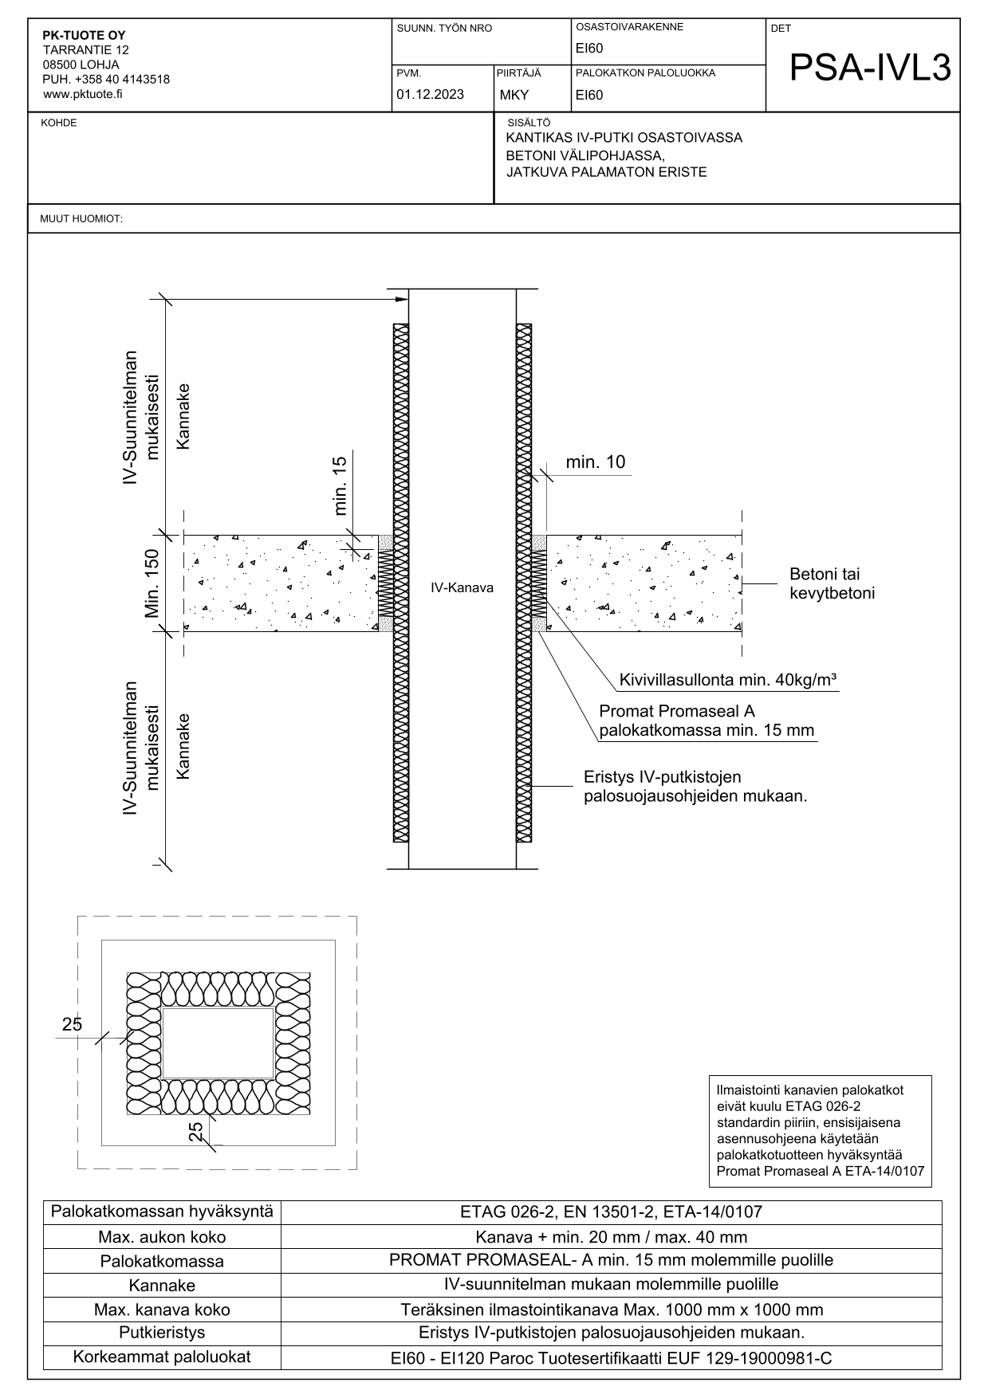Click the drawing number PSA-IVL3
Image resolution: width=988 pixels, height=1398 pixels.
click(870, 69)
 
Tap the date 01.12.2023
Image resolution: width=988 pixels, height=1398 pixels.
click(430, 95)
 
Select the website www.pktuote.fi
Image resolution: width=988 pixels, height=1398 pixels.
click(82, 94)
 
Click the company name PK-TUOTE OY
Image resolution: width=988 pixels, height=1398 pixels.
click(84, 35)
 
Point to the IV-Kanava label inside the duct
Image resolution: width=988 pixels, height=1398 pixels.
click(462, 588)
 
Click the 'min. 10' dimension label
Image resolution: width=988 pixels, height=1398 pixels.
click(595, 462)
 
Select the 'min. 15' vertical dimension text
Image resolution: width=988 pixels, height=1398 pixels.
click(340, 485)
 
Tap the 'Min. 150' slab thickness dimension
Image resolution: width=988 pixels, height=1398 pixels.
click(152, 583)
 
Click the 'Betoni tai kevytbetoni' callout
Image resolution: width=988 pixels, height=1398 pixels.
click(832, 583)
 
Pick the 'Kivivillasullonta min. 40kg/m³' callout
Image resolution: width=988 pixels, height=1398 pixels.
click(727, 681)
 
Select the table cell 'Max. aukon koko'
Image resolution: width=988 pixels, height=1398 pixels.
click(162, 1238)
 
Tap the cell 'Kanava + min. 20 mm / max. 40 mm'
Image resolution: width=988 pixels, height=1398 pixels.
click(611, 1238)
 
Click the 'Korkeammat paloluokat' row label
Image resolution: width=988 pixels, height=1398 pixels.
click(162, 1357)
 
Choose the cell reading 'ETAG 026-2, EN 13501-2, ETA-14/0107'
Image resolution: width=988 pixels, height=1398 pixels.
click(611, 1212)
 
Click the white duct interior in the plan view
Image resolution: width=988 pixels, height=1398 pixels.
click(218, 1043)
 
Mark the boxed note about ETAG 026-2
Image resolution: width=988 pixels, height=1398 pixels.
click(820, 1130)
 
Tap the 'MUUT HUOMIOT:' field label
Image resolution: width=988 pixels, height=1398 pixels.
click(81, 219)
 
